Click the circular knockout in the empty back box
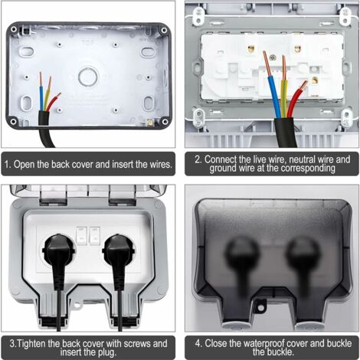(x=88, y=77)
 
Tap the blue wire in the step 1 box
(x=41, y=96)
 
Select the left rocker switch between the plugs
(x=82, y=235)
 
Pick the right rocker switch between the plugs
(x=95, y=235)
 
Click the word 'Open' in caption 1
(x=25, y=164)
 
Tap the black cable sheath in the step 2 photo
(x=286, y=133)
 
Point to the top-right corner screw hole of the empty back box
(x=163, y=31)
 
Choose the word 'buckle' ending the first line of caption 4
(x=339, y=343)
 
